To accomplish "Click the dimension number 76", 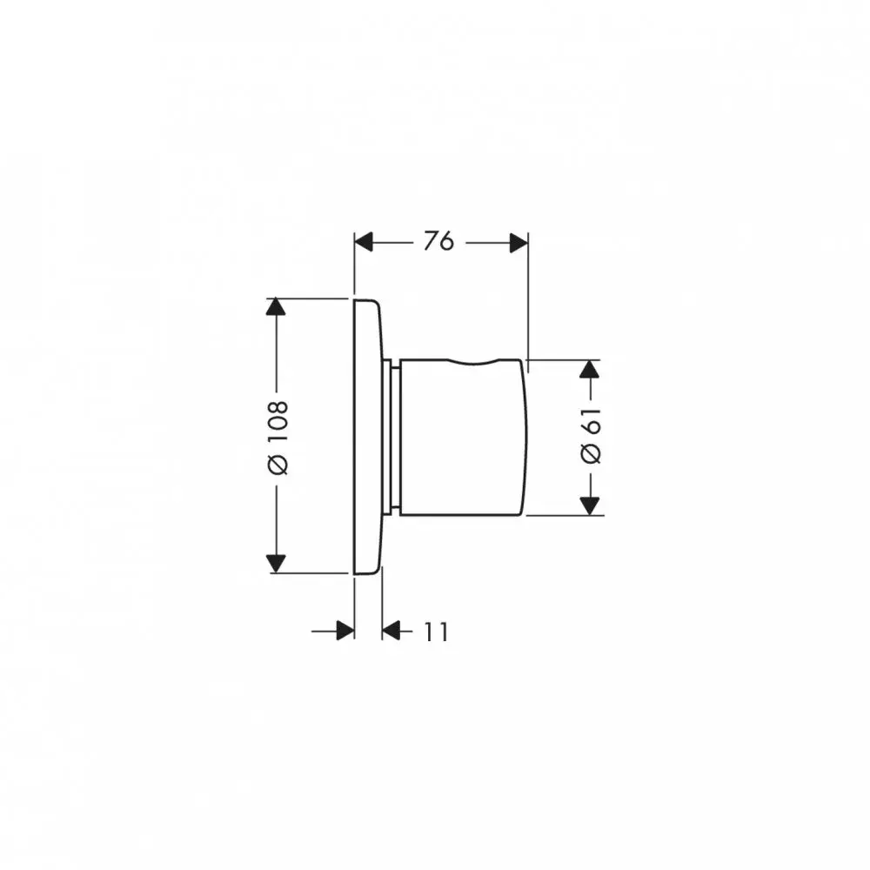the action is (x=438, y=241).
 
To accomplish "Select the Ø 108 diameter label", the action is (x=278, y=438).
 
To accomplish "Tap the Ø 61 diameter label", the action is (x=591, y=435).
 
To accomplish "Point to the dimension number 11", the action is (x=436, y=632).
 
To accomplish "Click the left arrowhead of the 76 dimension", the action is (x=364, y=243).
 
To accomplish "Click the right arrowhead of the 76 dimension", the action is (x=519, y=243).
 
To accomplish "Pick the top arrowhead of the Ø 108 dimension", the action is (x=276, y=307).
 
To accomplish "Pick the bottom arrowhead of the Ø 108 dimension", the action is (x=276, y=564).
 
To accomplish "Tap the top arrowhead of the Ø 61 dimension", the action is (x=589, y=369).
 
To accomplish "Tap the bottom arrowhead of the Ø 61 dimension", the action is (x=589, y=506).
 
